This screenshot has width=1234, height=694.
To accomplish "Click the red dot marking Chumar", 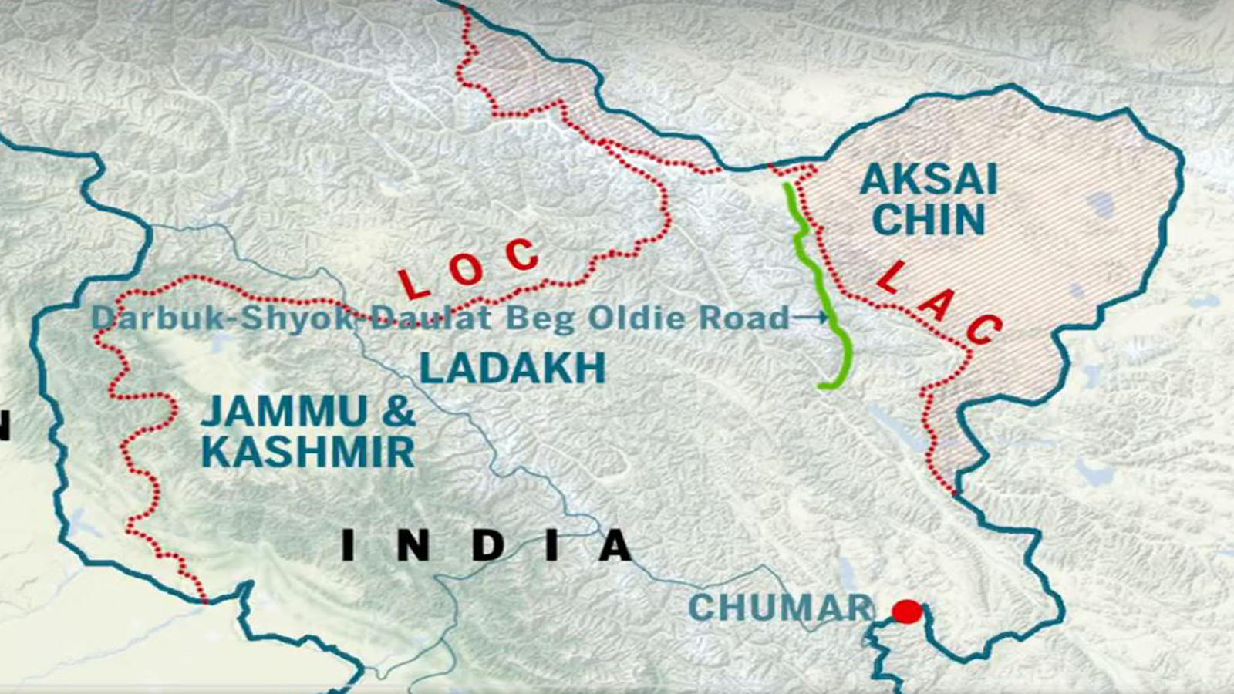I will [x=907, y=611].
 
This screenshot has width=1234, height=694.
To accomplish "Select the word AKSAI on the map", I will [x=929, y=180].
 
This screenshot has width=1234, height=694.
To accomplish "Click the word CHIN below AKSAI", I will [x=929, y=219].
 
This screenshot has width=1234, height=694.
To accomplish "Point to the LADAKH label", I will [x=512, y=369].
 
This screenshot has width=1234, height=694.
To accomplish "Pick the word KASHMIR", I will [x=308, y=452].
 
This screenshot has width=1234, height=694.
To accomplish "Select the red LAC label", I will [x=939, y=304].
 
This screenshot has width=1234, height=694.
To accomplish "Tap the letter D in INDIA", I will [x=487, y=546].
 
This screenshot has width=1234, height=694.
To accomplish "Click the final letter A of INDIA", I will [x=615, y=546].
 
